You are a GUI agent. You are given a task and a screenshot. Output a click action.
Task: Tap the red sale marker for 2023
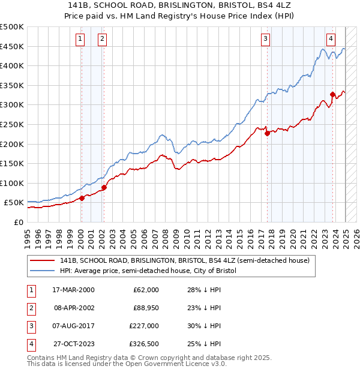pos(332,94)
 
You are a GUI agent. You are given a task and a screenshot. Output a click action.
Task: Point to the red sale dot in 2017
pos(267,133)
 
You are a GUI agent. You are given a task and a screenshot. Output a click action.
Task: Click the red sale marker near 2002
pos(104,187)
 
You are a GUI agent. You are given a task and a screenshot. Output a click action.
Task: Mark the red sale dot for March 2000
pos(82,198)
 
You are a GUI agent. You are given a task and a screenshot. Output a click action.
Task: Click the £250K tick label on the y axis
pos(11,124)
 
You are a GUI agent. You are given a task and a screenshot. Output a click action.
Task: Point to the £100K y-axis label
pos(11,183)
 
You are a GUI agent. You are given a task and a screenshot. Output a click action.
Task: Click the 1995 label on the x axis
pos(27,236)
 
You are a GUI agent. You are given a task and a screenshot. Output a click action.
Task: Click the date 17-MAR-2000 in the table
pos(73,290)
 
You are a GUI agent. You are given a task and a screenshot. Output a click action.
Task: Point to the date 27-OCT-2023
pos(73,344)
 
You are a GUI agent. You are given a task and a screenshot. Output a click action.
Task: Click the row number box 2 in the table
pos(30,308)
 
